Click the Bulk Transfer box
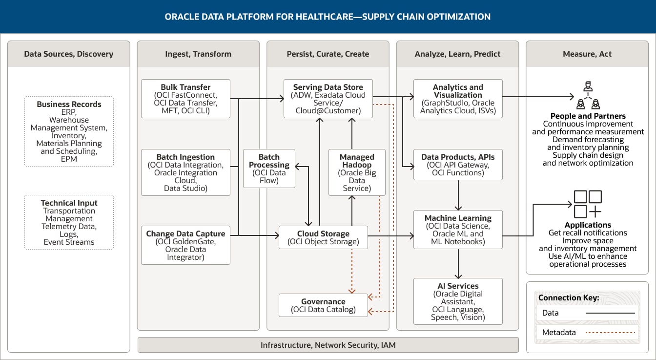[185, 99]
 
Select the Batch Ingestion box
[185, 172]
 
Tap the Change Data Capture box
[185, 245]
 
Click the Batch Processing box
[269, 169]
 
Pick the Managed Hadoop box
[357, 172]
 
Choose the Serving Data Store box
[328, 99]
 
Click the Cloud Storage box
[323, 237]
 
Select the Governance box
[323, 305]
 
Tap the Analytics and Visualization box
[458, 99]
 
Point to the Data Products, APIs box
[458, 165]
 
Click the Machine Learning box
[458, 230]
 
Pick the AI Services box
[458, 301]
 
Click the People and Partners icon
[588, 96]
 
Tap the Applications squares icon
[588, 204]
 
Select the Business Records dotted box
[69, 131]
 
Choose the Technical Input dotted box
[69, 222]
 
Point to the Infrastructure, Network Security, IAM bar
[328, 345]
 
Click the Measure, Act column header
[587, 54]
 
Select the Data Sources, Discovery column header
[69, 54]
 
